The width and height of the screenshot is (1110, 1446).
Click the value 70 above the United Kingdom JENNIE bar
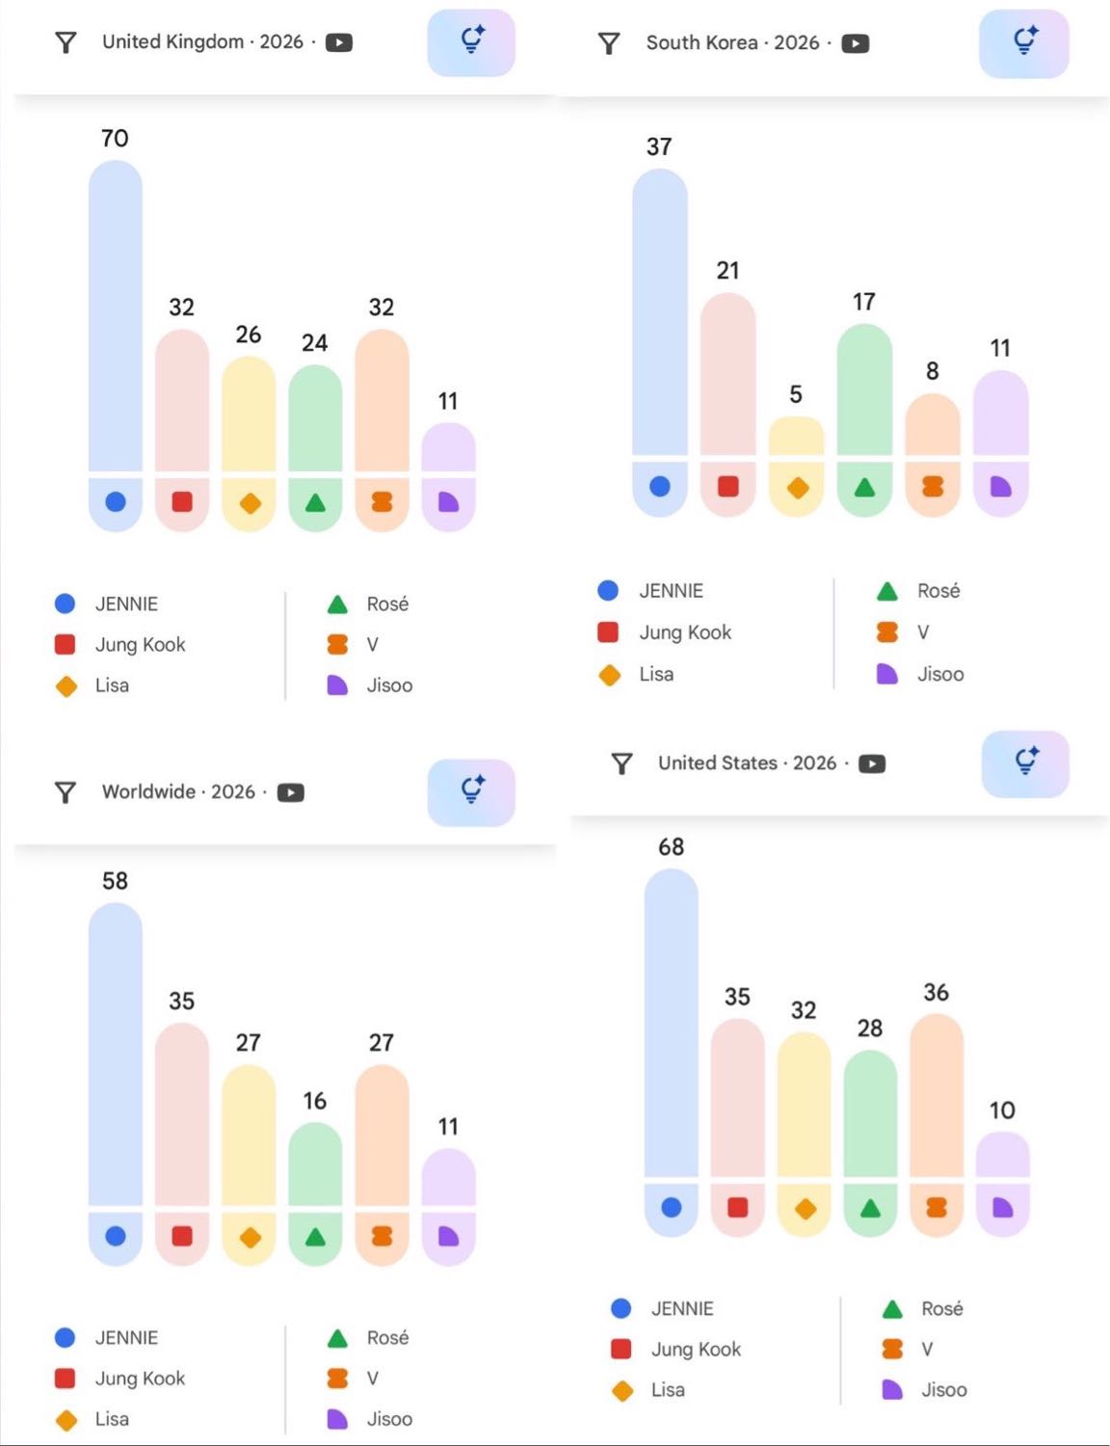[x=115, y=139]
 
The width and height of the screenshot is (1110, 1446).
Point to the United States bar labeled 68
[x=672, y=1022]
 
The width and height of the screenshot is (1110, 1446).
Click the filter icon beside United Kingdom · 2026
[x=66, y=42]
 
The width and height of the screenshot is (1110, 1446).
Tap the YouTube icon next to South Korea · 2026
[x=855, y=43]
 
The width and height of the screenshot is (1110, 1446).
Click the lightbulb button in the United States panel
[x=1025, y=763]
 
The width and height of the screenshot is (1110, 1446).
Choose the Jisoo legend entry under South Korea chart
[x=939, y=674]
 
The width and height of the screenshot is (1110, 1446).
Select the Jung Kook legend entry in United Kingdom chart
[x=140, y=645]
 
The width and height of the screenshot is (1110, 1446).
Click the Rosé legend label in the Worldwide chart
[x=387, y=1338]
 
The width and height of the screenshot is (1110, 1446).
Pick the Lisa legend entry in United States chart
[x=667, y=1390]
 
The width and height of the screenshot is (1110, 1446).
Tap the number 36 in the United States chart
[x=936, y=993]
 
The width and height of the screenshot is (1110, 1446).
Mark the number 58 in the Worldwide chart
[x=115, y=881]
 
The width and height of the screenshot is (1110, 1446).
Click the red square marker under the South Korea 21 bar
[x=728, y=486]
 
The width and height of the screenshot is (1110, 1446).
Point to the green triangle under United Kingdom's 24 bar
[x=315, y=502]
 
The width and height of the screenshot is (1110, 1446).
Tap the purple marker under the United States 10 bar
[x=1003, y=1208]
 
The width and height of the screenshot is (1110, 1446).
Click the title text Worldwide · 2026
[x=178, y=792]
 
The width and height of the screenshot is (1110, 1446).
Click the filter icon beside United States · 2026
[x=622, y=763]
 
